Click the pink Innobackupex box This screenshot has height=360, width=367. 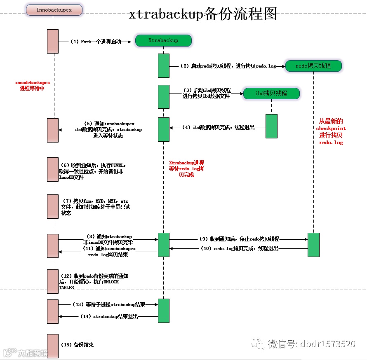pos(54,9)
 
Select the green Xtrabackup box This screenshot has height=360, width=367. pos(163,40)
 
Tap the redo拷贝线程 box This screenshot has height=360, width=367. pos(313,66)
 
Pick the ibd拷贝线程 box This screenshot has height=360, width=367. pos(271,94)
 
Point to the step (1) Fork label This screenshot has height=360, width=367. pos(95,42)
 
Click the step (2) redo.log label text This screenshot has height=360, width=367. pos(228,66)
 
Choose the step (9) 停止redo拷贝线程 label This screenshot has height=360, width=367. pos(239,239)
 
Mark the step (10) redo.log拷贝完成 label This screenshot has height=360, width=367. pos(239,249)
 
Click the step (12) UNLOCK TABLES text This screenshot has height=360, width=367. pos(89,282)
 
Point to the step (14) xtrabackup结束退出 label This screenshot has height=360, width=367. pos(108,316)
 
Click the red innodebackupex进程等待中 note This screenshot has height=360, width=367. pos(32,86)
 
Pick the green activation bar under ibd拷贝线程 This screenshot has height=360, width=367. pos(271,126)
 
